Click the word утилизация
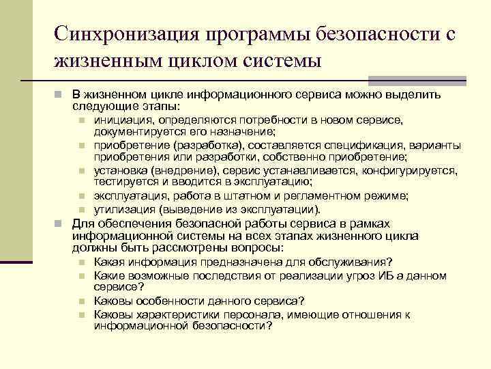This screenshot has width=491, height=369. pyautogui.click(x=122, y=209)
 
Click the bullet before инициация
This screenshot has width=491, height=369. pyautogui.click(x=81, y=120)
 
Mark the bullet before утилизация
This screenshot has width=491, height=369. pyautogui.click(x=81, y=210)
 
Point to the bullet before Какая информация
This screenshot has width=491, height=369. pyautogui.click(x=81, y=262)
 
